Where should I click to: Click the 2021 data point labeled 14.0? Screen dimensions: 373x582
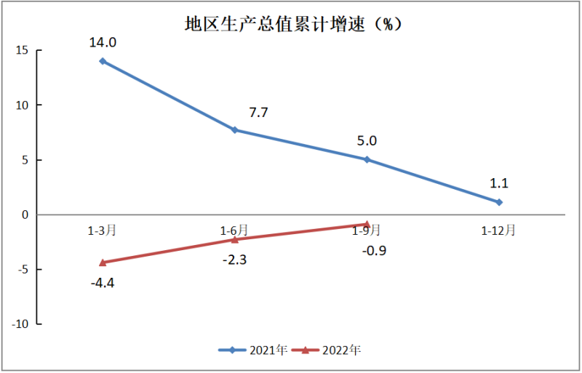pos(103,61)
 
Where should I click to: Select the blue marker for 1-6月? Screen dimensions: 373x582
pos(234,130)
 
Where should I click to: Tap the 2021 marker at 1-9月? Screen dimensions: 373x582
pos(367,159)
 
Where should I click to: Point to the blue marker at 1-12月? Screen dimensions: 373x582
pos(499,202)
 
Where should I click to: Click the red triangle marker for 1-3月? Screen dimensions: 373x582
pos(103,262)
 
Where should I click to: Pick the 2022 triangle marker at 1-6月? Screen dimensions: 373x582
pos(234,239)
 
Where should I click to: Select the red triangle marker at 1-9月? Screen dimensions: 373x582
pos(367,224)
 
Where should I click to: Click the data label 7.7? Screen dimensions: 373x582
pos(258,113)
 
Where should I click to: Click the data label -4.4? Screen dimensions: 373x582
pos(103,282)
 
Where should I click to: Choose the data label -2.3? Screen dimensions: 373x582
pos(234,259)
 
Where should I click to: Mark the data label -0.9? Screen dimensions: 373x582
pos(373,251)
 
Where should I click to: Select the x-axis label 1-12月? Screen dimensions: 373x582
pos(499,230)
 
